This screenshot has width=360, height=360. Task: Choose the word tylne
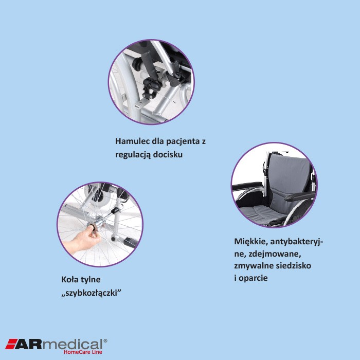92,280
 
